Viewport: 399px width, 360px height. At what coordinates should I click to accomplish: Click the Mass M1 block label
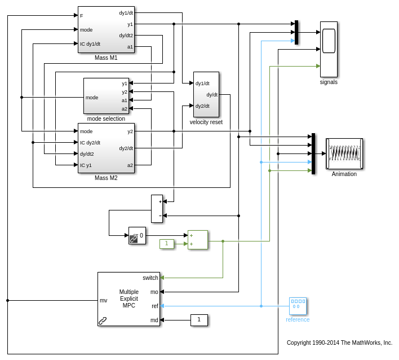(106, 58)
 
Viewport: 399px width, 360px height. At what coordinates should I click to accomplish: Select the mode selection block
(106, 96)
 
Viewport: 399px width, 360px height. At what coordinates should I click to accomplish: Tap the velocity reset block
(206, 94)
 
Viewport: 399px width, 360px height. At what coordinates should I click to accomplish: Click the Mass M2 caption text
(106, 178)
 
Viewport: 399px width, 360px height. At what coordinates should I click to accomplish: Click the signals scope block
(329, 49)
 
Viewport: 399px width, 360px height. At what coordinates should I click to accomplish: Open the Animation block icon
(344, 153)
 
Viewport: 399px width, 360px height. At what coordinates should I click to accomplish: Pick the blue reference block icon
(298, 306)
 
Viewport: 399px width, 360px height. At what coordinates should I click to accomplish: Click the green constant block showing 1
(167, 244)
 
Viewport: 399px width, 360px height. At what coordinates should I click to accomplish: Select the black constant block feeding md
(199, 320)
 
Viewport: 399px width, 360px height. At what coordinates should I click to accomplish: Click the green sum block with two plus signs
(198, 240)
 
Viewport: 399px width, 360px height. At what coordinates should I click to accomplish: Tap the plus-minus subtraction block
(157, 209)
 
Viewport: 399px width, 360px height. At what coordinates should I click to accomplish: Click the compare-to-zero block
(137, 235)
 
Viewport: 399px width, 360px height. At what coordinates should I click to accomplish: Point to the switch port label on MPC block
(150, 278)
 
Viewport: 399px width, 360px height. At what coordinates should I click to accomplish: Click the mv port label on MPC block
(104, 300)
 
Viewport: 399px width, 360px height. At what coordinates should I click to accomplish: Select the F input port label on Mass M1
(82, 15)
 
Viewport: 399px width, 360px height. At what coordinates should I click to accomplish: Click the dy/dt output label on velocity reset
(212, 95)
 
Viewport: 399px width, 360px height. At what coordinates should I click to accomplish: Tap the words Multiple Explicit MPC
(128, 298)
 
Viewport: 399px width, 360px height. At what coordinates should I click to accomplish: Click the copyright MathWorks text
(339, 343)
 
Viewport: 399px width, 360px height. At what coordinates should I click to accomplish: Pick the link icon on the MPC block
(103, 321)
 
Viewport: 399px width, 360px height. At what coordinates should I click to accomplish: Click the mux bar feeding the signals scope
(296, 32)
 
